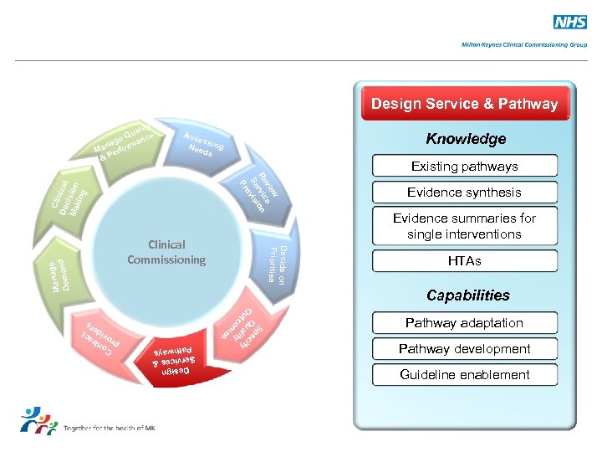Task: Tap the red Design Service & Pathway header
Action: point(464,104)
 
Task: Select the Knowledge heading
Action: point(466,138)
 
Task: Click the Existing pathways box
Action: point(464,166)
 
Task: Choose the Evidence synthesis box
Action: point(464,193)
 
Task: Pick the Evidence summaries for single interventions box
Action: point(464,226)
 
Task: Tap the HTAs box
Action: point(464,261)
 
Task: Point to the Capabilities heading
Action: point(467,295)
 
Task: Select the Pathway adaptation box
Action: point(464,323)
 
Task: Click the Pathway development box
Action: point(464,349)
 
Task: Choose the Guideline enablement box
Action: point(464,375)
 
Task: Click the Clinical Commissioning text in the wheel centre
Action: point(166,252)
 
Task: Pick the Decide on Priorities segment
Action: point(277,265)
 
